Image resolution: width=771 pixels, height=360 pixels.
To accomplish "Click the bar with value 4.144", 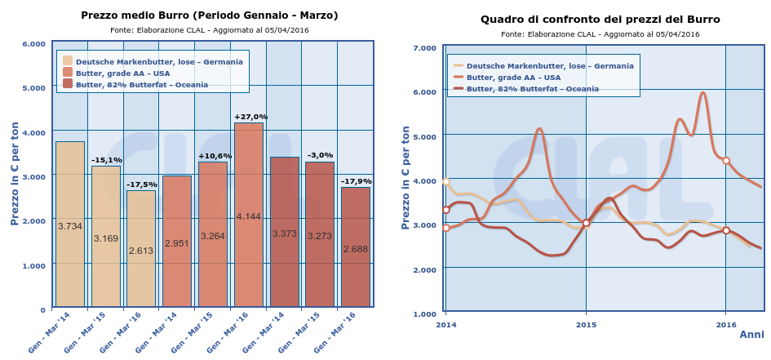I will pos(248,216).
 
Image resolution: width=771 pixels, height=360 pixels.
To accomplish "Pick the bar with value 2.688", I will pos(356,247).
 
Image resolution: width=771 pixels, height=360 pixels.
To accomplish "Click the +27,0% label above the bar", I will pos(250,117).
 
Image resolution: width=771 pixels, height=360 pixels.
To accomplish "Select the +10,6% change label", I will pos(215,156).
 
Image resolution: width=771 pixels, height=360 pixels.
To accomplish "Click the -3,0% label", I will pos(320,155).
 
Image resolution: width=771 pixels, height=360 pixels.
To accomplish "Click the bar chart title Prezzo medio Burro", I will pos(210,16).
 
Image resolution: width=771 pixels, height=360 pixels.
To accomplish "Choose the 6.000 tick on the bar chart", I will pos(33,43).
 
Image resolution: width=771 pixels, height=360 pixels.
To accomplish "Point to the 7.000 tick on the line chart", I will pos(425,48).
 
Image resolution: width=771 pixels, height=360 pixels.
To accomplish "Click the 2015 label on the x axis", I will pos(586,324).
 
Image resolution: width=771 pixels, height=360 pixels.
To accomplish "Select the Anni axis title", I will pos(751,335).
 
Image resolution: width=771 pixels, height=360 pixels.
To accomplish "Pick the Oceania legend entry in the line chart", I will pos(543,89).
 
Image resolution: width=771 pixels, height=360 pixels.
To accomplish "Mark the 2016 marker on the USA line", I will pos(726,161).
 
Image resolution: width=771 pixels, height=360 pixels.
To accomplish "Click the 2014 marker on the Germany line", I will pos(445,182).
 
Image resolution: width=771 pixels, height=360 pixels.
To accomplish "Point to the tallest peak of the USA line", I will pos(702,93).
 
